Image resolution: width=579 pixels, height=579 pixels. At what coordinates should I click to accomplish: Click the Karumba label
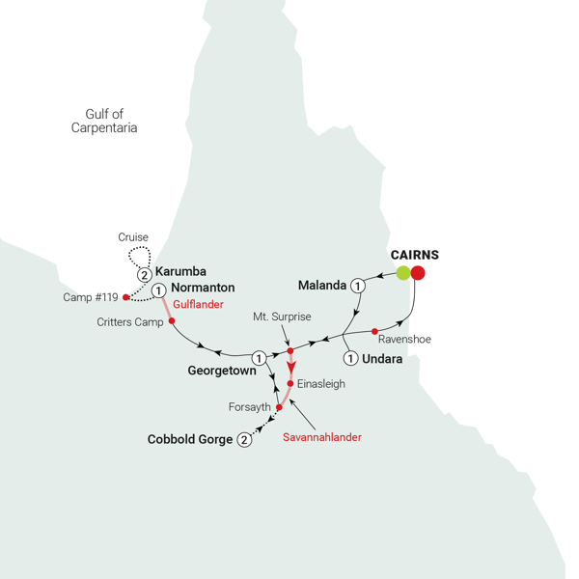pos(182,271)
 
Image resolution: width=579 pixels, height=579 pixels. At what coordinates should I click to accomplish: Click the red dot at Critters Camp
pos(172,320)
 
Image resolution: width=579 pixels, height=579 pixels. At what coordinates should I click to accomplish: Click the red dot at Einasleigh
pos(289,383)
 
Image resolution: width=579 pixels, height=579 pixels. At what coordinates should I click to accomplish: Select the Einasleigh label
pos(321,383)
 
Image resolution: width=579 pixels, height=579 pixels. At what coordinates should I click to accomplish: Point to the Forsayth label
pos(248,407)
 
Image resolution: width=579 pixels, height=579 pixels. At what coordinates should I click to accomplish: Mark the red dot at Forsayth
pos(279,407)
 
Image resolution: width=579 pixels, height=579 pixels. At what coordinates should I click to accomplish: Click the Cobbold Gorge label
pos(190,439)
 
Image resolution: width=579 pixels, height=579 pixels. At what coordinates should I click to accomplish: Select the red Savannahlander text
pos(321,437)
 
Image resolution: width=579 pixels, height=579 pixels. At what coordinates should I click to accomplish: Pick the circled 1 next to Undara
pos(350,359)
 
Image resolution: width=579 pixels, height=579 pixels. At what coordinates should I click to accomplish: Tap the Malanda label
pos(322,286)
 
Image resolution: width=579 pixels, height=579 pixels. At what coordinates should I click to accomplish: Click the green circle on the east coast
pos(403,273)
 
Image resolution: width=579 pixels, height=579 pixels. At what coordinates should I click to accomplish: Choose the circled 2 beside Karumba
pos(145,273)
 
